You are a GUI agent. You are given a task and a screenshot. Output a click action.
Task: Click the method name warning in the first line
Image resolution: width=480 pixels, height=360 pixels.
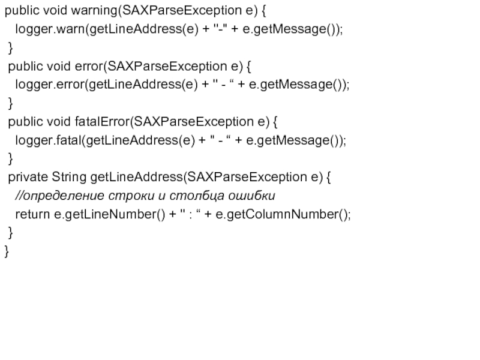click(97, 11)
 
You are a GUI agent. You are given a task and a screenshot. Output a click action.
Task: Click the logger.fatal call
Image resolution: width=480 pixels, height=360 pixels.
click(51, 140)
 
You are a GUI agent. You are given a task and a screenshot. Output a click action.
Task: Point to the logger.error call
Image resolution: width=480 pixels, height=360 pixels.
click(51, 85)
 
